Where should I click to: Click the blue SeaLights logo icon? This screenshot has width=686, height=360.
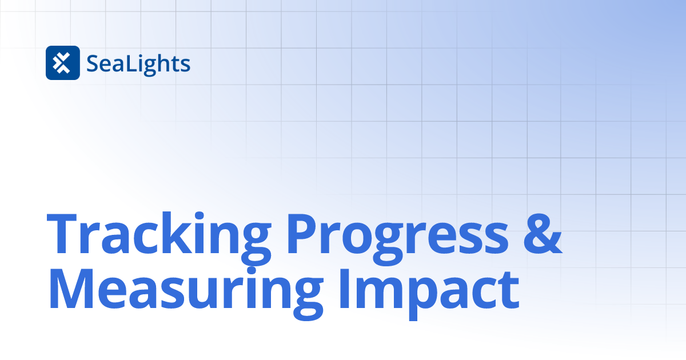click(x=62, y=62)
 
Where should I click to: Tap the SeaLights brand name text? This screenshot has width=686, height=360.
click(x=138, y=63)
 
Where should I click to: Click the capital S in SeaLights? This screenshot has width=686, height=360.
click(x=93, y=63)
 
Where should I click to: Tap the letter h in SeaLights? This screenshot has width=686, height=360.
click(x=165, y=63)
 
